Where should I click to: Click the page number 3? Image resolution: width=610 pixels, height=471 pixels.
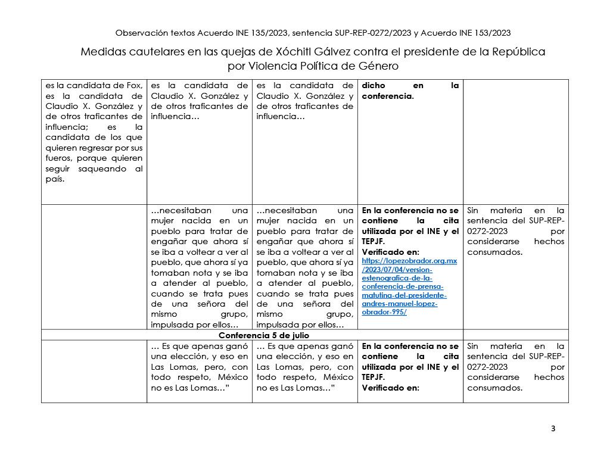[553, 429]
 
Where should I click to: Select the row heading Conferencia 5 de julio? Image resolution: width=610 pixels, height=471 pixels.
[304, 335]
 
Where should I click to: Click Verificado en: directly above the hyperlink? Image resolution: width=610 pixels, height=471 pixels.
[390, 252]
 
